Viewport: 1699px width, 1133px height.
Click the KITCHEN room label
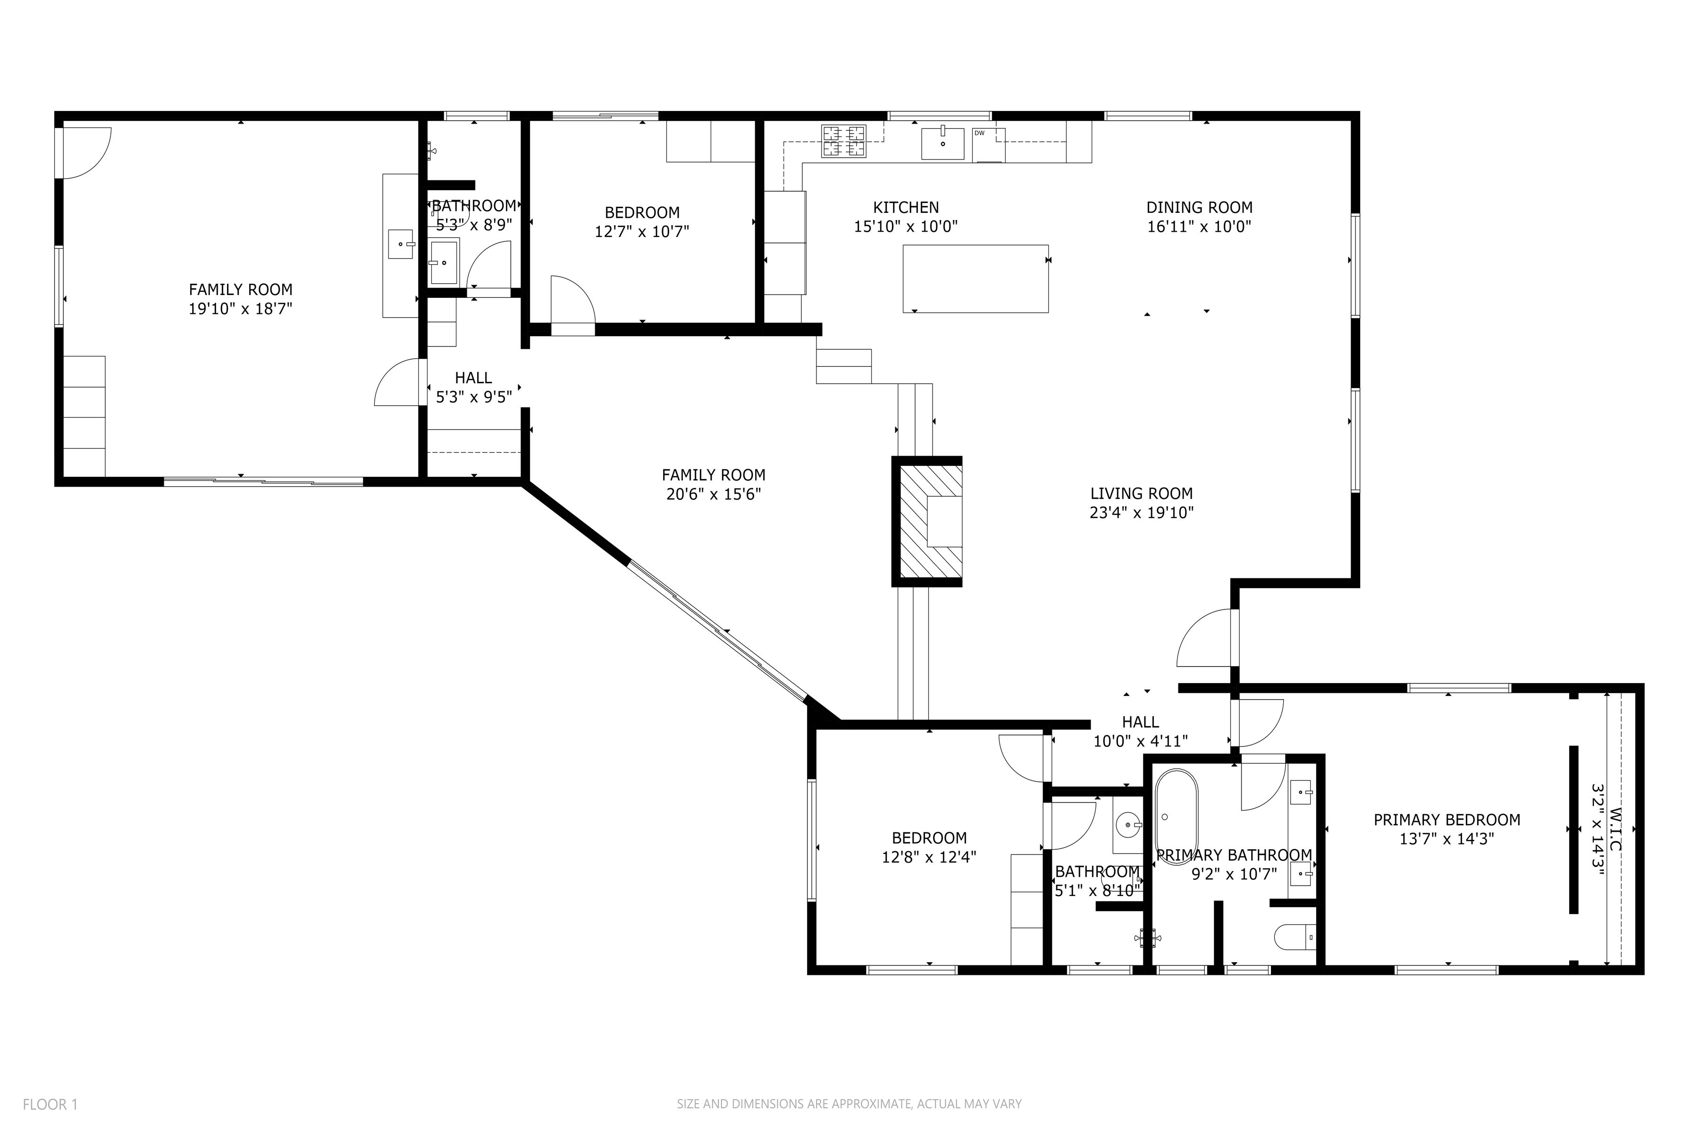tap(905, 207)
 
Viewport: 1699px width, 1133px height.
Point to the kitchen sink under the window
tap(942, 143)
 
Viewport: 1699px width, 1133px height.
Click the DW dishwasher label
tap(980, 133)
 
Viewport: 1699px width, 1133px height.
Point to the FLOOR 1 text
tap(50, 1104)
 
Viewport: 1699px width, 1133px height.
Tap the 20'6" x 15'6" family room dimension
tap(713, 495)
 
